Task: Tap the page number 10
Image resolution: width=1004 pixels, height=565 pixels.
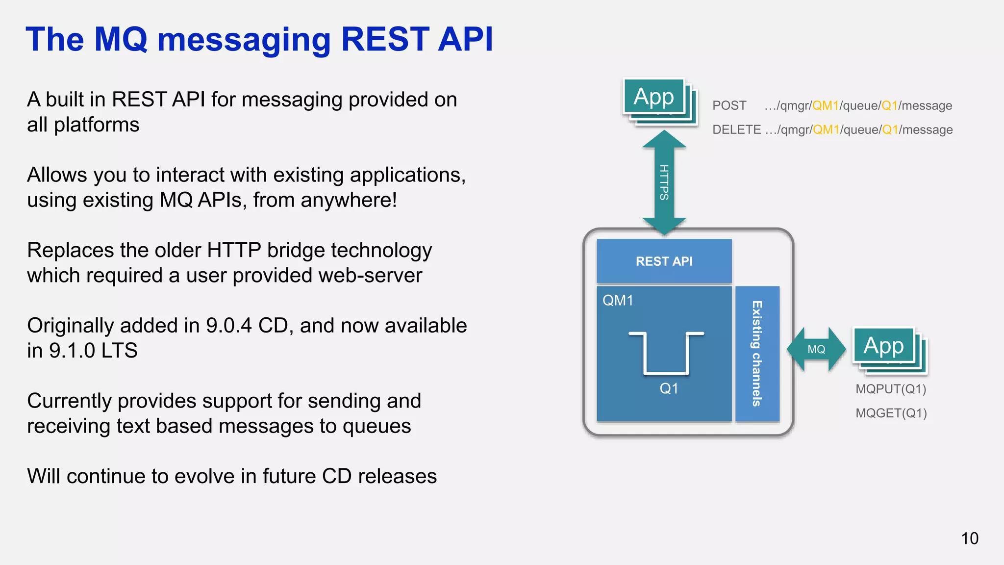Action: click(969, 539)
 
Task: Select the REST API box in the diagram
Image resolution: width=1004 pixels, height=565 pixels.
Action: click(664, 261)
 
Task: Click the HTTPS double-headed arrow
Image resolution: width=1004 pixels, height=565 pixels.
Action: click(664, 182)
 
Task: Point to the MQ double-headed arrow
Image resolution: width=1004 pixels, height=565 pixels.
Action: click(816, 349)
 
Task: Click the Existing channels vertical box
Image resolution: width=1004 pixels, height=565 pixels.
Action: click(757, 354)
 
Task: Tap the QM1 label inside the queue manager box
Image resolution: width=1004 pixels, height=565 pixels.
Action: click(618, 300)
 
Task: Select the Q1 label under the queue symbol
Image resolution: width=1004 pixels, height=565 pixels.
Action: click(669, 388)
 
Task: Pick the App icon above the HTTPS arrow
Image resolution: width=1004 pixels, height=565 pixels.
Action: click(654, 97)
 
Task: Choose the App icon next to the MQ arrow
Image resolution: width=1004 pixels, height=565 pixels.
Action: click(883, 346)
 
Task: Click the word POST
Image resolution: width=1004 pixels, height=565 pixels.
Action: click(729, 105)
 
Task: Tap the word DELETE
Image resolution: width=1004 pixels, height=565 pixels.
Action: click(736, 129)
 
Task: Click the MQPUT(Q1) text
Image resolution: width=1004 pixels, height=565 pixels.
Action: click(891, 389)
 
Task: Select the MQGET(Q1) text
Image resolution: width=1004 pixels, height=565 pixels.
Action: click(891, 413)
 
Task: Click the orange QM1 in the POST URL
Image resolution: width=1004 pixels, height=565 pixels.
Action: click(825, 105)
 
